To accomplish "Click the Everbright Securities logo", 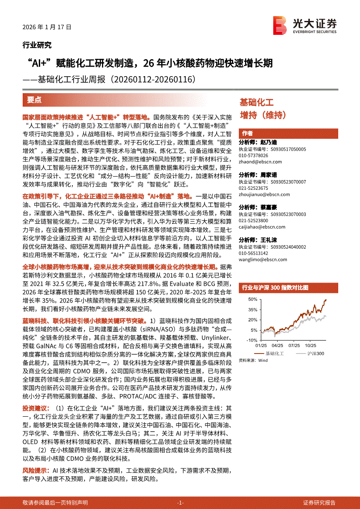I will (x=305, y=25).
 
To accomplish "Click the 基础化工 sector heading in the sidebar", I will (x=257, y=103).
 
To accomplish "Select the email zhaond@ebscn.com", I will (x=260, y=162).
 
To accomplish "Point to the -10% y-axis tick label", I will (x=251, y=340).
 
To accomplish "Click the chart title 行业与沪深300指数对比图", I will (x=275, y=288).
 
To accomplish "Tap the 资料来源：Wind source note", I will (x=253, y=361).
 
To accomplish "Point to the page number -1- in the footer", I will (x=180, y=502).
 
